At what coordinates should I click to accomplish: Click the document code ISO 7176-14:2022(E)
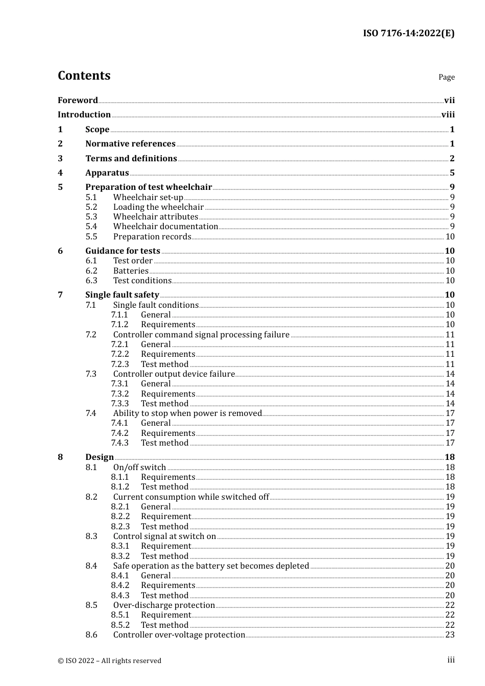(x=408, y=33)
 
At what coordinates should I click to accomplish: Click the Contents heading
(x=84, y=76)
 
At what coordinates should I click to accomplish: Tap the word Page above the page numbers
(x=446, y=77)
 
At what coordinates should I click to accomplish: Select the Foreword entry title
(x=78, y=100)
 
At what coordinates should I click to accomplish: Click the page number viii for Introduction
(x=448, y=115)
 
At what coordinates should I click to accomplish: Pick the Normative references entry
(x=130, y=144)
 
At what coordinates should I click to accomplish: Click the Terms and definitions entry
(x=131, y=158)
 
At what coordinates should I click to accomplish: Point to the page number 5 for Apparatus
(x=452, y=173)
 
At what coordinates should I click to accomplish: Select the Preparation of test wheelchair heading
(x=149, y=187)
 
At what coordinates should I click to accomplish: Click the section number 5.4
(x=91, y=227)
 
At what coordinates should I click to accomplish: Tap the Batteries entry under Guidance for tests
(x=131, y=271)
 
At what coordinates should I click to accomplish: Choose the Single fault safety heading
(x=122, y=295)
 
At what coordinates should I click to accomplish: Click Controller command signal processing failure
(x=201, y=335)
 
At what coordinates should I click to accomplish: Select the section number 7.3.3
(x=120, y=404)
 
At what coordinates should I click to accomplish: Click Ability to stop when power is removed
(x=187, y=413)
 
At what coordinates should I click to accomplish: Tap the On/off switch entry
(x=139, y=468)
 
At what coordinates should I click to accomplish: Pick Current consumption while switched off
(x=191, y=497)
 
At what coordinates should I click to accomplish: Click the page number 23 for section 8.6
(x=450, y=635)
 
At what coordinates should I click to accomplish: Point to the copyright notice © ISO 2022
(x=109, y=660)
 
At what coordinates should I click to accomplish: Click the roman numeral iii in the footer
(x=451, y=660)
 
